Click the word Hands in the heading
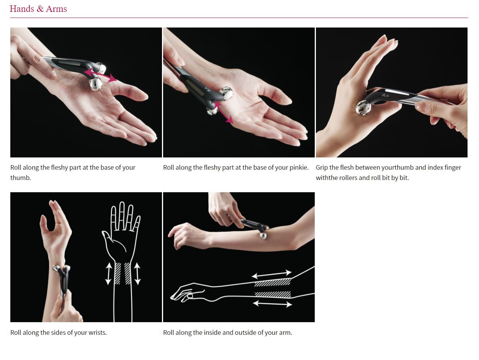pos(22,9)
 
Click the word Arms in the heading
pos(56,9)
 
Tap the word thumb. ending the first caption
pos(21,178)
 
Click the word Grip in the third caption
pos(322,168)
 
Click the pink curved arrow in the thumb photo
pos(100,75)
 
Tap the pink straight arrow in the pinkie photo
pos(223,112)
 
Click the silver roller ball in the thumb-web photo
pos(363,108)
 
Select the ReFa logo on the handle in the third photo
pos(386,95)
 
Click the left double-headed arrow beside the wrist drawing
pos(108,274)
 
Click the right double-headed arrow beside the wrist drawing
pos(137,274)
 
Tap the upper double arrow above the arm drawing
pos(272,274)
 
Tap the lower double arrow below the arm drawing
pos(272,304)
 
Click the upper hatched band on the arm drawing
pos(272,282)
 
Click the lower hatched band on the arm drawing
pos(273,294)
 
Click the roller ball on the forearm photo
pos(263,236)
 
